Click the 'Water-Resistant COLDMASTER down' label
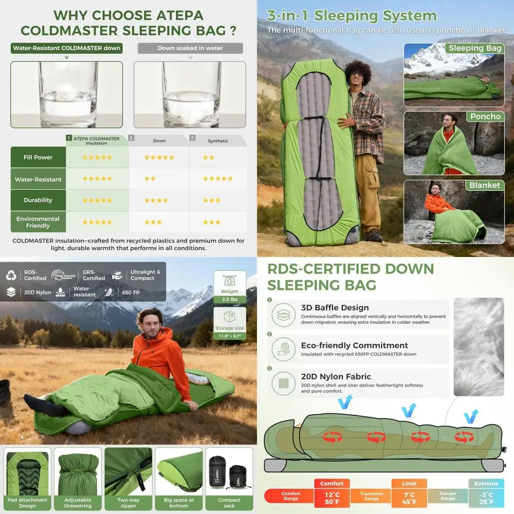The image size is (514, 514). tap(67, 48)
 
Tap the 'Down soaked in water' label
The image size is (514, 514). tap(190, 48)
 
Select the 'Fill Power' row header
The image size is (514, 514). tap(38, 157)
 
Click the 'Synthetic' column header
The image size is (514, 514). tap(218, 140)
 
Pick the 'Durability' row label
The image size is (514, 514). tap(38, 200)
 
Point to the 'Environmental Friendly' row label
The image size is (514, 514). tap(38, 222)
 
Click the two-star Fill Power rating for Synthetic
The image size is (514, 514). tap(209, 157)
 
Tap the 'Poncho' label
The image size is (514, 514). tap(485, 117)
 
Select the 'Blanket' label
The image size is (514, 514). tap(484, 185)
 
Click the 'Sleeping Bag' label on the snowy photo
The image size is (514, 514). tap(474, 48)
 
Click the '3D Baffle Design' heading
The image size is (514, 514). tap(335, 308)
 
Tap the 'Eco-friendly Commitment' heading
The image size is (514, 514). tap(354, 345)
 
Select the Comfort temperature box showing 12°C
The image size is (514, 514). tap(332, 493)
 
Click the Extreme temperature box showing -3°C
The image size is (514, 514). tap(486, 493)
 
